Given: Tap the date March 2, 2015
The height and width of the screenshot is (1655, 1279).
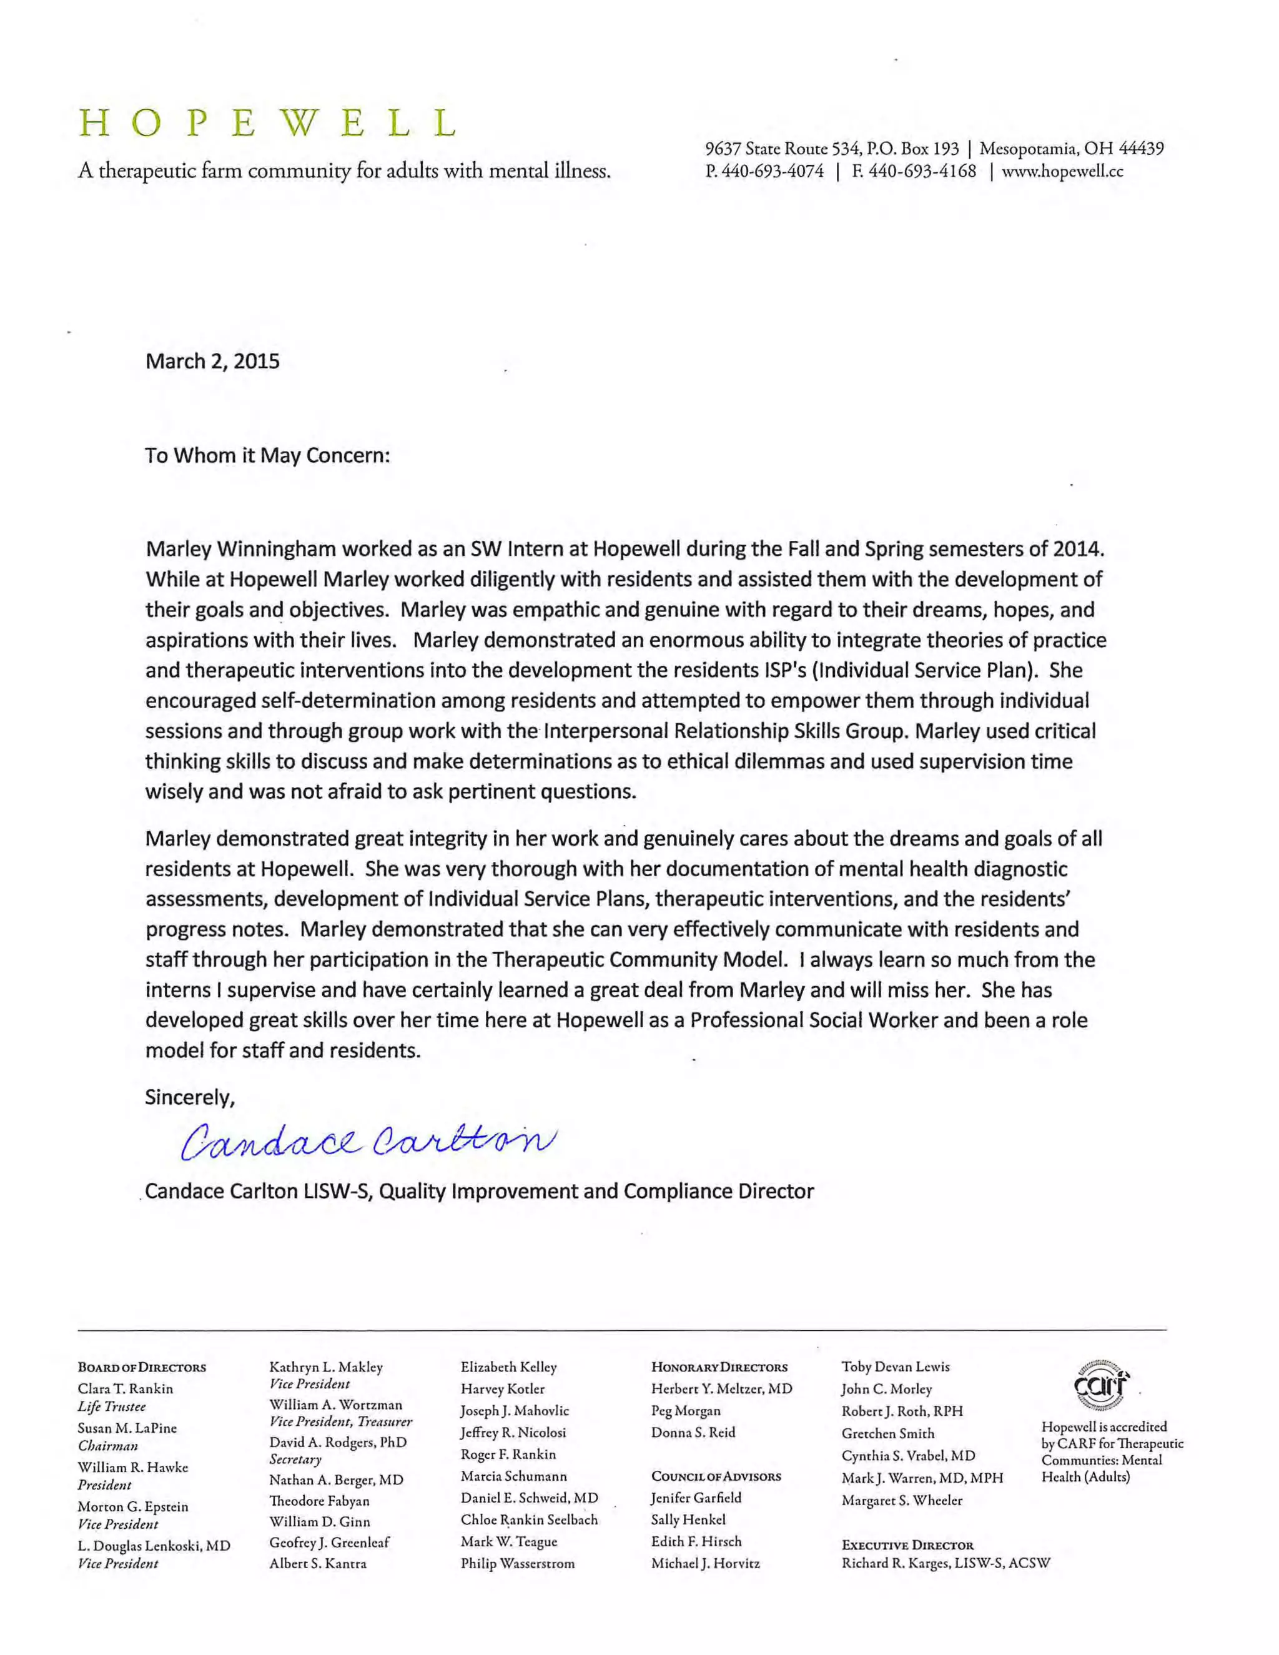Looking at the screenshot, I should pos(212,361).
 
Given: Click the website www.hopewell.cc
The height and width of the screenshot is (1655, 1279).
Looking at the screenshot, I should pos(1062,171).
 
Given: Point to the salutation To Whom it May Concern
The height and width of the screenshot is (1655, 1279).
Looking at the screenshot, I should pos(267,455).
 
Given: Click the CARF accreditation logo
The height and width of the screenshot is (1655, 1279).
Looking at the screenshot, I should pos(1099,1388).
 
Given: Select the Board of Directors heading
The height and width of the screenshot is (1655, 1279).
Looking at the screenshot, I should pos(142,1368).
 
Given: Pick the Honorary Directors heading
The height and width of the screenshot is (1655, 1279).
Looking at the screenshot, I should pos(719,1368).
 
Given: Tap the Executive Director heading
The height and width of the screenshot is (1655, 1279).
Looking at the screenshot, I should pos(907,1545).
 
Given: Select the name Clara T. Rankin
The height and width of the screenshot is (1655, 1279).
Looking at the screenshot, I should pos(126,1389).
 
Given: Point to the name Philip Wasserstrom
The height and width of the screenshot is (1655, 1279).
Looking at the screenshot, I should pos(518,1563).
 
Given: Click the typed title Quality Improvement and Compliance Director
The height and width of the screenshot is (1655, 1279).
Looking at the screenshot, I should pos(596,1191).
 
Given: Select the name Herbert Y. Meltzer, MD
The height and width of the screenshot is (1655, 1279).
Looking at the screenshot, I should pos(721,1389).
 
